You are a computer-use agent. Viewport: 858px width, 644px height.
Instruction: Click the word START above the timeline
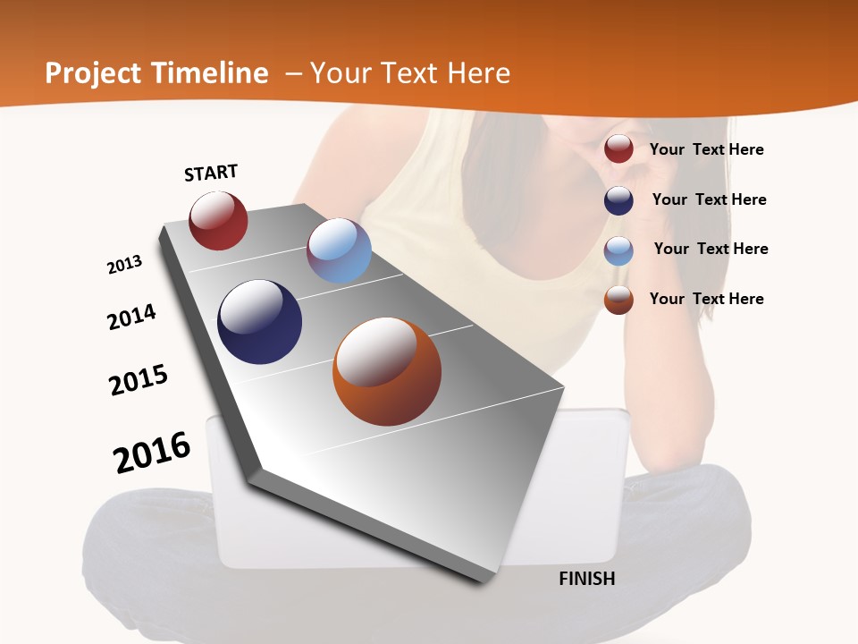[x=211, y=173]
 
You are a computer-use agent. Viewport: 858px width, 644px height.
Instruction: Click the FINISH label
[x=586, y=579]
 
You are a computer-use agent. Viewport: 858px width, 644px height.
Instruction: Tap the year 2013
[x=124, y=265]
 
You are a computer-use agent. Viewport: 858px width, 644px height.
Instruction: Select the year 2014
[x=131, y=318]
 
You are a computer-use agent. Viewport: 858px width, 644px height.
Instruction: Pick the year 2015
[x=139, y=380]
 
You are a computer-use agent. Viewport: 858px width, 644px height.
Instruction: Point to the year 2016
[x=152, y=453]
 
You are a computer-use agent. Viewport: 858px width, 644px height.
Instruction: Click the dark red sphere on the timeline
[x=218, y=220]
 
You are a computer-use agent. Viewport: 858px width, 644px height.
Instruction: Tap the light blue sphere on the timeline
[x=339, y=250]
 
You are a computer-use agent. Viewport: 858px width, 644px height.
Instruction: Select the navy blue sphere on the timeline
[x=259, y=322]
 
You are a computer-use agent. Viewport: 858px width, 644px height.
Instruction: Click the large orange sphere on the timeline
[x=387, y=370]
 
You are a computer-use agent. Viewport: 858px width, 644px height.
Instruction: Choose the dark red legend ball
[x=618, y=149]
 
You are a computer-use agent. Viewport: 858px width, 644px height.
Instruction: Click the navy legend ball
[x=618, y=200]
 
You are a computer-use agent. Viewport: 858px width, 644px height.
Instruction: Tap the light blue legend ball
[x=618, y=250]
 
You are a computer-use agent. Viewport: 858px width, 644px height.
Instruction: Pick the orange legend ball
[x=618, y=300]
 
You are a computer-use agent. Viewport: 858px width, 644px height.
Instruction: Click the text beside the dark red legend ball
[x=706, y=149]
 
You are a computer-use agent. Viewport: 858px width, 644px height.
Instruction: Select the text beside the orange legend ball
[x=706, y=299]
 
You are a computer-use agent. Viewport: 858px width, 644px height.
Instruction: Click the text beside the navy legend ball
[x=709, y=199]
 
